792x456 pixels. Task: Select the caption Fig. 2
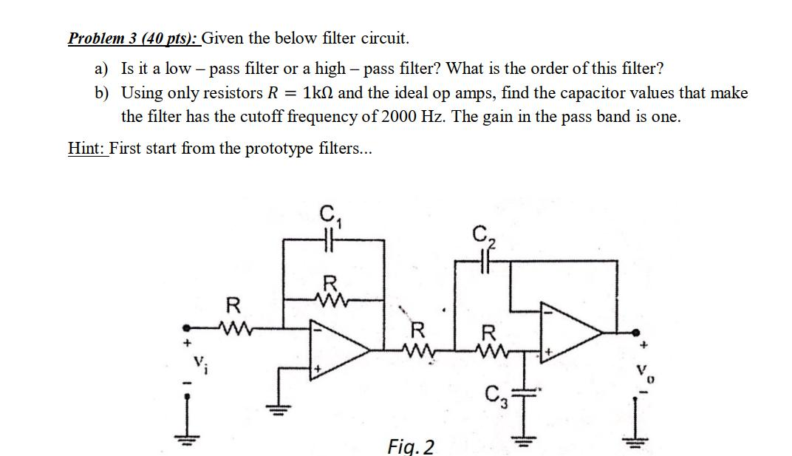(x=411, y=446)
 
